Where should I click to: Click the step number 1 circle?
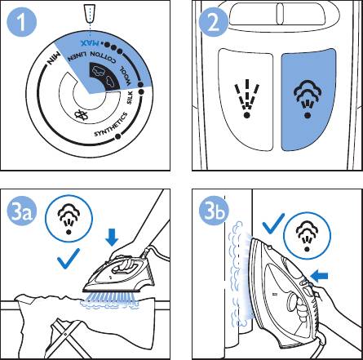[21, 22]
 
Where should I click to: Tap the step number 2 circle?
[214, 22]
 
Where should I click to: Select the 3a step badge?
[22, 211]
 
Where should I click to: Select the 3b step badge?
[214, 211]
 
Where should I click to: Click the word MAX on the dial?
[90, 42]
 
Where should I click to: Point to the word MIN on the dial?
[54, 59]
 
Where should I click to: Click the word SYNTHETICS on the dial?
[111, 125]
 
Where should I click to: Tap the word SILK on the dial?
[130, 98]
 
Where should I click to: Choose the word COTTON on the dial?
[103, 57]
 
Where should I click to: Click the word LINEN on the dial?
[77, 56]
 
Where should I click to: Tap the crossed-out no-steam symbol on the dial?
[81, 115]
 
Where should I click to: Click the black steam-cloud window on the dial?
[105, 76]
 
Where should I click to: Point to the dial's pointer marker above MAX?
[90, 14]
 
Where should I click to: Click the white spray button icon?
[246, 99]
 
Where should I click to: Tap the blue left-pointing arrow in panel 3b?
[319, 277]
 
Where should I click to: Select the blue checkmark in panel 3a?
[69, 259]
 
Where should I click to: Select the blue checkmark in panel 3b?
[273, 224]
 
